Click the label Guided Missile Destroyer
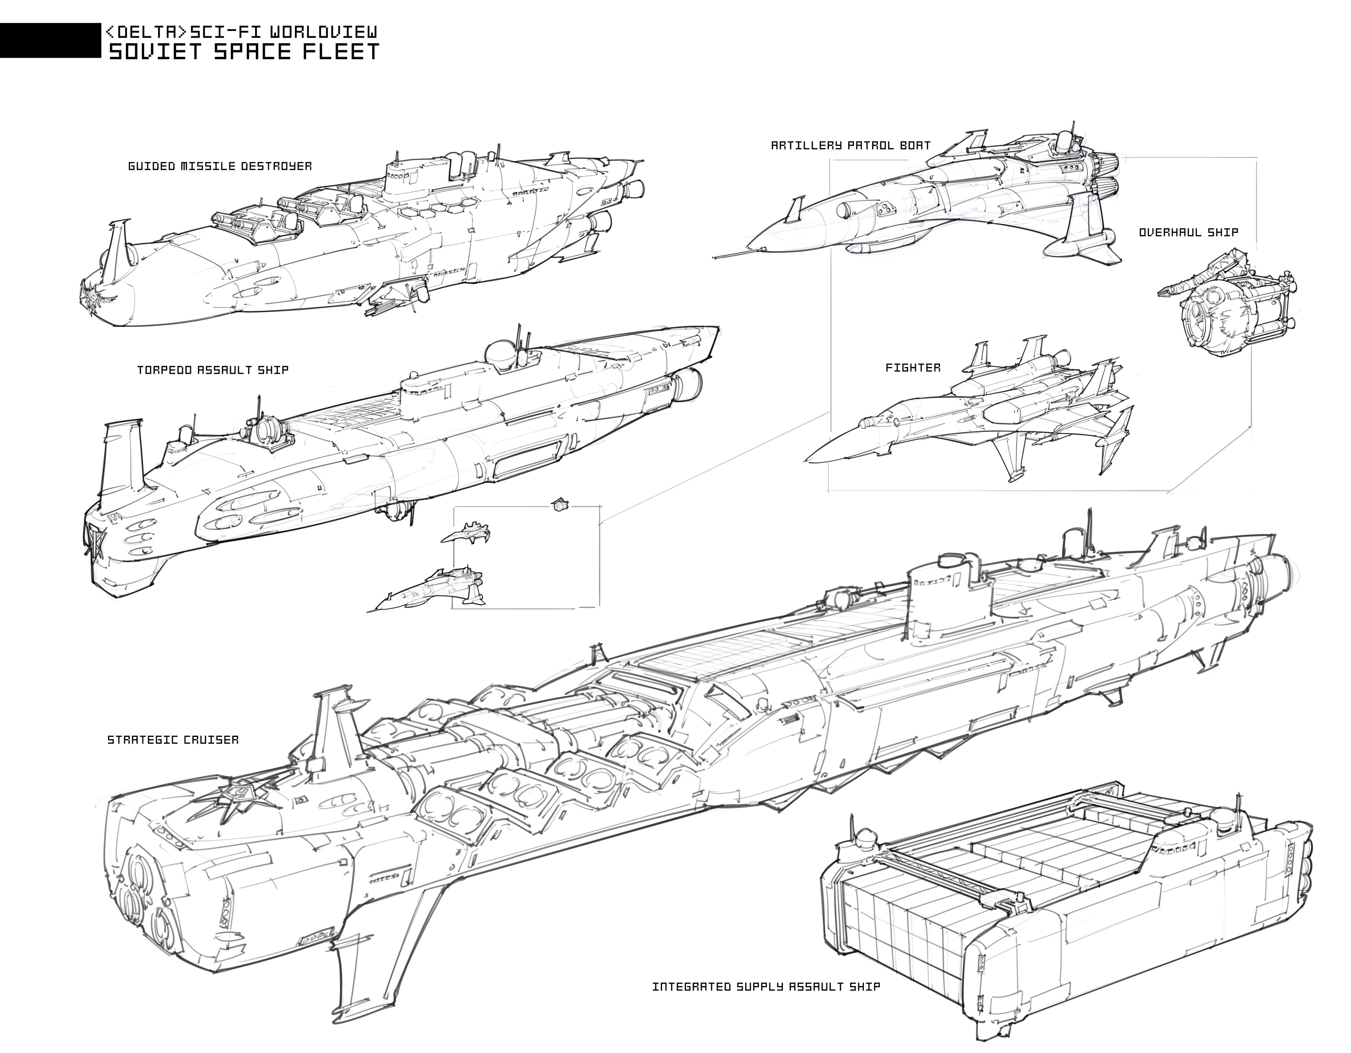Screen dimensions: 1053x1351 click(220, 166)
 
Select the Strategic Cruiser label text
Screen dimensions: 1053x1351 click(173, 739)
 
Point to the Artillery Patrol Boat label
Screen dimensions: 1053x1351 click(851, 145)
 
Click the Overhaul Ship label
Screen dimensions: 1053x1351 click(1188, 233)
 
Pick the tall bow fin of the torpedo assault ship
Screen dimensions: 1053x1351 click(124, 455)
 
